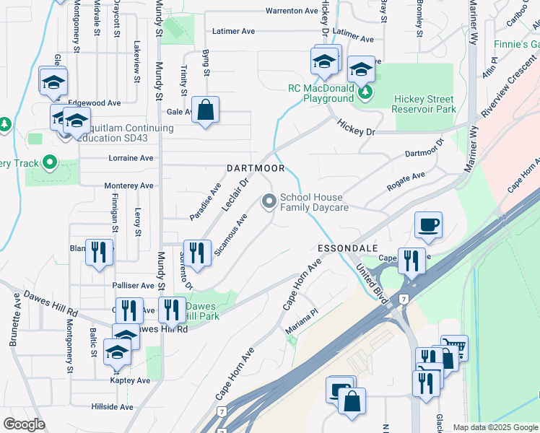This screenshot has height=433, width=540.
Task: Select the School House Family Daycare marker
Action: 270,201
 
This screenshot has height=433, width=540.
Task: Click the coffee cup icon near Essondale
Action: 429,224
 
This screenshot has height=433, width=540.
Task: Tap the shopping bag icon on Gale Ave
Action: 206,111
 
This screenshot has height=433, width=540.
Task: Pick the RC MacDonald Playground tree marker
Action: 365,92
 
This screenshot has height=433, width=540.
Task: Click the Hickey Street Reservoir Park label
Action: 424,104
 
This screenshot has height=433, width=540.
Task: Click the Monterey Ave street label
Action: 129,185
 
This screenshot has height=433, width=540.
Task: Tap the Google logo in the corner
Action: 23,424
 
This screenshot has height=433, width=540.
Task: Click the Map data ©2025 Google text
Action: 495,427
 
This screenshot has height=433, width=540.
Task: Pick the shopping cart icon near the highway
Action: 455,348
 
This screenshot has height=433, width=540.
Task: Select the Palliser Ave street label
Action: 134,286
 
